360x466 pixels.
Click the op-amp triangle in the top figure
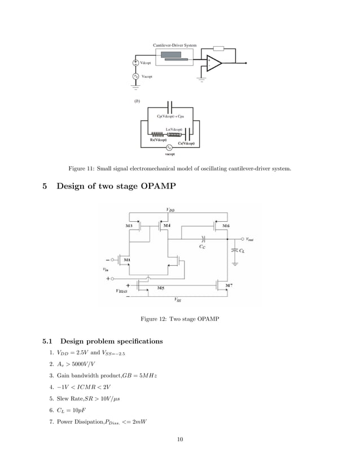213,63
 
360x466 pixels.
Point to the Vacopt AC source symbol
136,76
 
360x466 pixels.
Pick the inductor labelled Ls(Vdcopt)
174,134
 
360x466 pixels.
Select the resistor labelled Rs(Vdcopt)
157,134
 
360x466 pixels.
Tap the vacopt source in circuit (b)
168,148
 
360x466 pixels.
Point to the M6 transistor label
226,226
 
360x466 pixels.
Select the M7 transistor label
228,286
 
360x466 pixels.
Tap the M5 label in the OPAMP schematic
160,288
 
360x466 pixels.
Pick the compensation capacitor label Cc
202,247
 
